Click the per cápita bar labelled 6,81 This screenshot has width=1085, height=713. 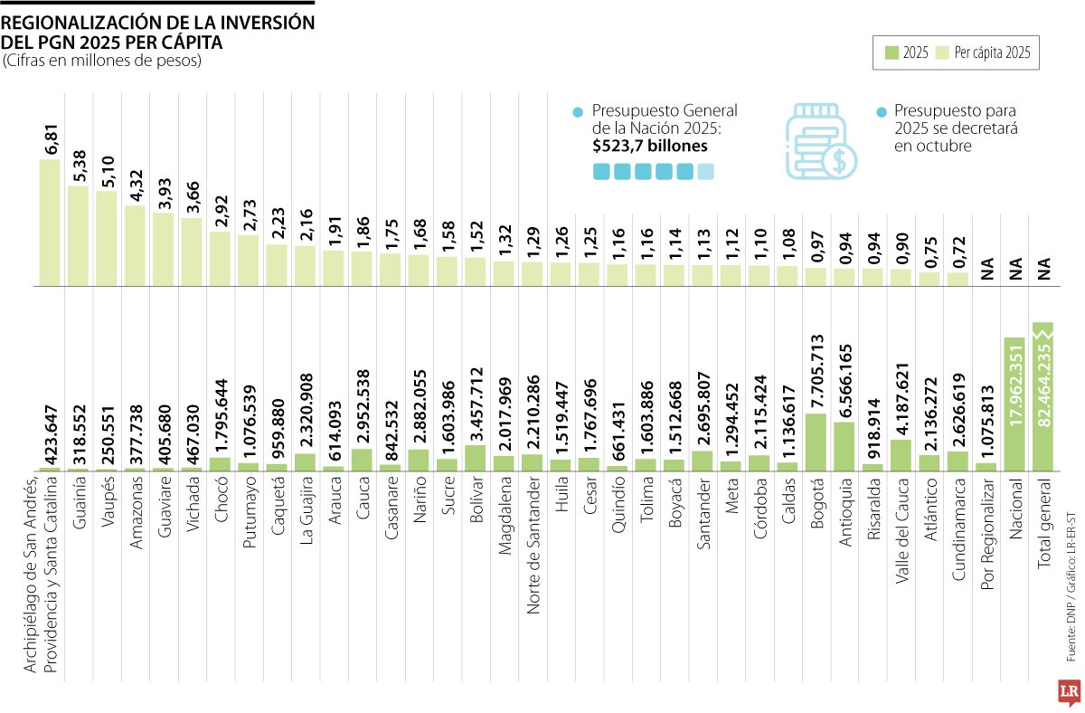coord(49,223)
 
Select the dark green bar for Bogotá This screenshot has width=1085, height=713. coord(815,442)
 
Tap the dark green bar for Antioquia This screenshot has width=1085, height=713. coord(844,446)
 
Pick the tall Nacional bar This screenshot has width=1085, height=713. coord(1014,404)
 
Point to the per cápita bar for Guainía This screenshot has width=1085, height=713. coord(78,235)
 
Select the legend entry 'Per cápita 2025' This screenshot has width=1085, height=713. coord(993,53)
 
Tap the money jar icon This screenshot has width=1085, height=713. coord(820,138)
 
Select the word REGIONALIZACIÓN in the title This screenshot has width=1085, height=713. coord(86,23)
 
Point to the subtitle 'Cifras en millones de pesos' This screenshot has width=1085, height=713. coord(101,61)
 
